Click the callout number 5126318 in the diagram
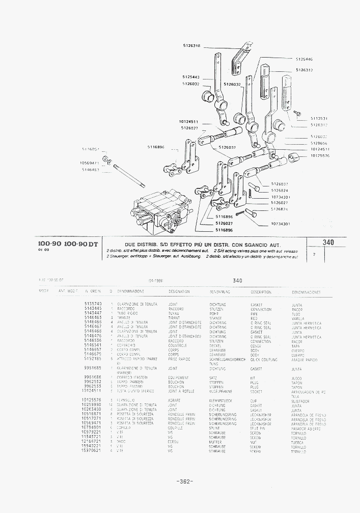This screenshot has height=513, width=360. (x=191, y=46)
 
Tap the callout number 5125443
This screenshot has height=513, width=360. (x=190, y=77)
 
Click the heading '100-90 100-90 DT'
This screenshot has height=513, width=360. (x=68, y=244)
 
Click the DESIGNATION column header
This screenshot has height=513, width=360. (x=179, y=291)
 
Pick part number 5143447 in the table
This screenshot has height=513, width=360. (x=93, y=313)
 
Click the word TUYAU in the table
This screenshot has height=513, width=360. (x=174, y=313)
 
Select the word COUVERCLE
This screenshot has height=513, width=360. (x=178, y=346)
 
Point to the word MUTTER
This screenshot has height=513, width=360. (x=215, y=442)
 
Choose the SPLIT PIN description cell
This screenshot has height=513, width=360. (x=259, y=428)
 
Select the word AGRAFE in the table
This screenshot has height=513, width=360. (x=175, y=400)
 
